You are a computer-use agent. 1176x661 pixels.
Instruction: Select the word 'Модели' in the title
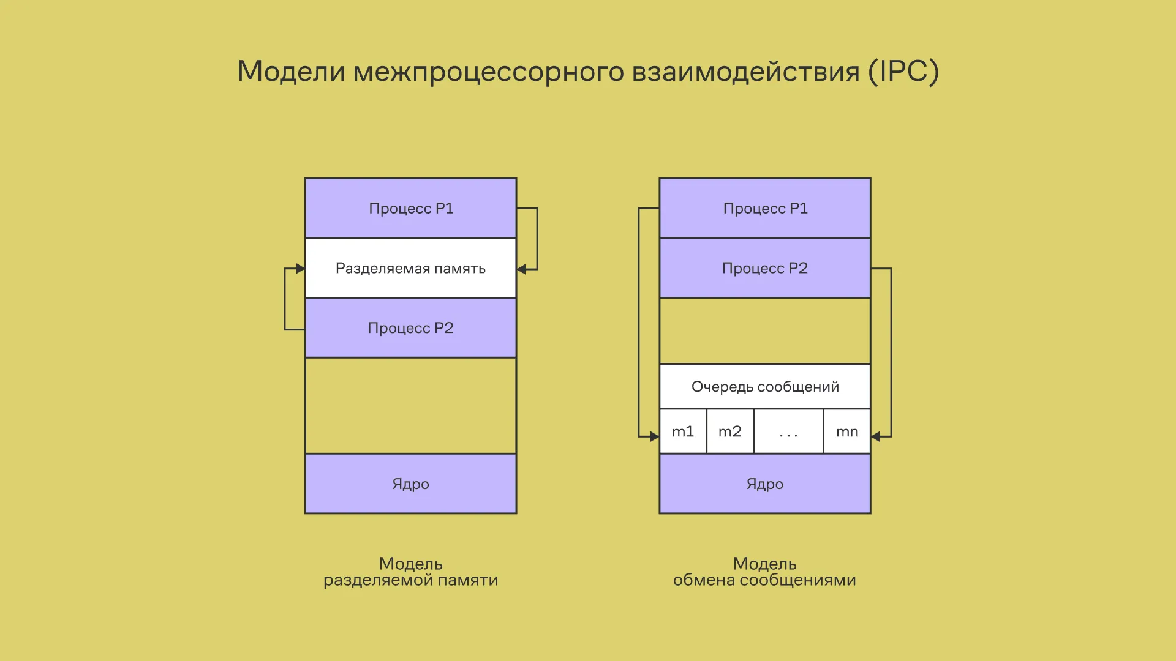click(x=291, y=71)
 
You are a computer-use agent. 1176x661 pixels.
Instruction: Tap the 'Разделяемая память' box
click(x=410, y=268)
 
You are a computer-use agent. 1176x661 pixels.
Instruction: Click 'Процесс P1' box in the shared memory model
click(x=410, y=208)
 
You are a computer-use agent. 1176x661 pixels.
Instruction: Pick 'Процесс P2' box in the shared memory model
click(x=410, y=328)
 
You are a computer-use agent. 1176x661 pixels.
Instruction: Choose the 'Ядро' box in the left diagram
click(x=410, y=484)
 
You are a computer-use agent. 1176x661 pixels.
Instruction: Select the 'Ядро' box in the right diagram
click(x=764, y=484)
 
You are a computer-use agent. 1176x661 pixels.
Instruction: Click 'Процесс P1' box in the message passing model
click(x=764, y=208)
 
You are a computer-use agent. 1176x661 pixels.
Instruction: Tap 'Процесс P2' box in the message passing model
click(x=764, y=268)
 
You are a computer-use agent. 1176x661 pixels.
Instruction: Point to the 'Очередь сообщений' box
click(x=764, y=387)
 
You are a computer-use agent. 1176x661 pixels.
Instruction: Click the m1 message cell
click(x=683, y=431)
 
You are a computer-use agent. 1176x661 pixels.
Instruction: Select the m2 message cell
click(x=729, y=431)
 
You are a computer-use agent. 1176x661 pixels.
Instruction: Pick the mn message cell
click(x=847, y=431)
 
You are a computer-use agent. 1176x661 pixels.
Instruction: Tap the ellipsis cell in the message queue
click(x=788, y=431)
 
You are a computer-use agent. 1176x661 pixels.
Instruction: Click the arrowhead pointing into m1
click(x=654, y=436)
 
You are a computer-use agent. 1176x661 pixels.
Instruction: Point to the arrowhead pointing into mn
click(x=876, y=436)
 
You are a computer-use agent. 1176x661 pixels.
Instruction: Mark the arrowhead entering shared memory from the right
click(x=521, y=269)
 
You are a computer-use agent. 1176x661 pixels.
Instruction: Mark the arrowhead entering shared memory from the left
click(x=300, y=269)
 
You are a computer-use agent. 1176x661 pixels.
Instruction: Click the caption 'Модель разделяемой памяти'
click(x=410, y=572)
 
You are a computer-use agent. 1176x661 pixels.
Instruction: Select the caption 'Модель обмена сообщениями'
click(x=764, y=572)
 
